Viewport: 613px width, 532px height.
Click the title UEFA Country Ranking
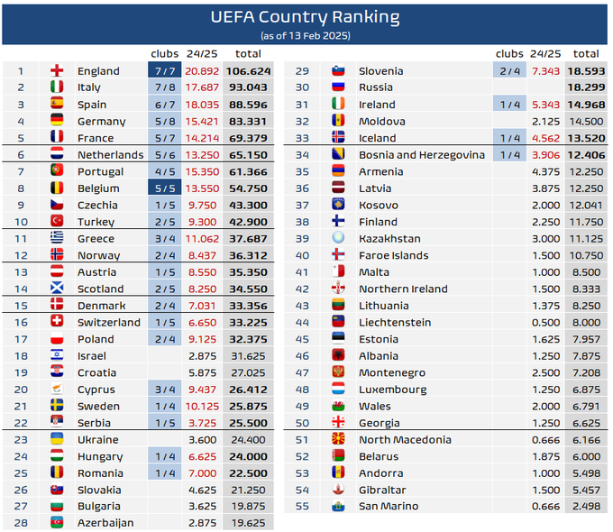tap(305, 17)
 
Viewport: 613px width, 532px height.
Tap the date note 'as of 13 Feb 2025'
tap(305, 35)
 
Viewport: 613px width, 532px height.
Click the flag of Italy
tap(57, 87)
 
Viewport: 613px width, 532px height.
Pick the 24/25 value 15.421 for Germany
tap(202, 121)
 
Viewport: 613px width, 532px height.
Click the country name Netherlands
tap(110, 155)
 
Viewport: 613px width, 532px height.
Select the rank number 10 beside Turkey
tap(21, 222)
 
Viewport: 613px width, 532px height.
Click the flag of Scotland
tap(57, 289)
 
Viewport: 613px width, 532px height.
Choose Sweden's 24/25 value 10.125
tap(202, 407)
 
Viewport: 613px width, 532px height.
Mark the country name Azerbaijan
tap(105, 523)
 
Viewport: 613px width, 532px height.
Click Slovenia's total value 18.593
tap(585, 71)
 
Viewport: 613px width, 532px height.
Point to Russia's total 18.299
tap(585, 87)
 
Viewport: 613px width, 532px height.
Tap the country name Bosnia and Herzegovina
tap(422, 155)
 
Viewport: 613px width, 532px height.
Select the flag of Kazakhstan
tap(339, 239)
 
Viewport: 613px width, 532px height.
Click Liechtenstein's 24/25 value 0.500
tap(546, 323)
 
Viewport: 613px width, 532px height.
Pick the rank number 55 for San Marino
tap(302, 507)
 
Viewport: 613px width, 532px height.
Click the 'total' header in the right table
tap(586, 54)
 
